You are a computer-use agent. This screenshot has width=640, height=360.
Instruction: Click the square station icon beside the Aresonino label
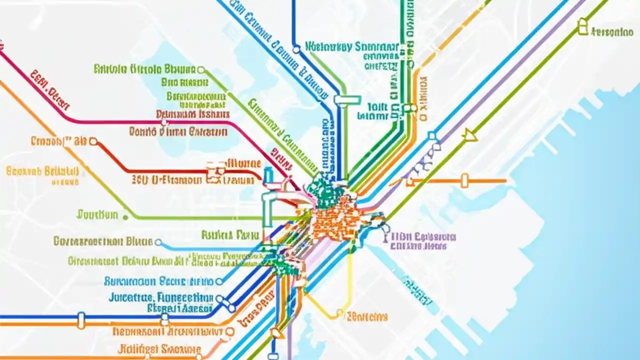pos(582,26)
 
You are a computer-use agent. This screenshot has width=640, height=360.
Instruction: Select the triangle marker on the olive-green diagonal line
pos(469,134)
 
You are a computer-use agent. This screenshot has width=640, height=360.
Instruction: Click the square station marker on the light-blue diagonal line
pos(431,136)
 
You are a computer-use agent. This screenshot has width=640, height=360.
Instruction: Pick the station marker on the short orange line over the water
pos(464,180)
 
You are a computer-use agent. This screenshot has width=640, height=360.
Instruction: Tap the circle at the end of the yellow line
pos(340,314)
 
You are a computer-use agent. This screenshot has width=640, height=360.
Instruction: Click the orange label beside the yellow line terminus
pos(367,316)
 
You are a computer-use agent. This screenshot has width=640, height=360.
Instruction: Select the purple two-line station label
pos(423,240)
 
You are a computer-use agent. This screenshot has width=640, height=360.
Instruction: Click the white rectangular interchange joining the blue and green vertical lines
pos(347,100)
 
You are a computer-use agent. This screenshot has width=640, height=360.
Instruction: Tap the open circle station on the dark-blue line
pos(296,49)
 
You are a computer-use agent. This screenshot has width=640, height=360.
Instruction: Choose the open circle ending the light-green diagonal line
pos(201,69)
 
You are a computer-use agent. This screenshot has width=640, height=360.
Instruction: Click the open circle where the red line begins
pos(92,141)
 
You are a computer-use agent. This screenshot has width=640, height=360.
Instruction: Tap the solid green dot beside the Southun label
pos(125,217)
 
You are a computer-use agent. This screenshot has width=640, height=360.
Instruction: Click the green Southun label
pos(97,215)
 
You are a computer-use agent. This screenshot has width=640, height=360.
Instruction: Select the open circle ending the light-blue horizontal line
pos(158,242)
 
